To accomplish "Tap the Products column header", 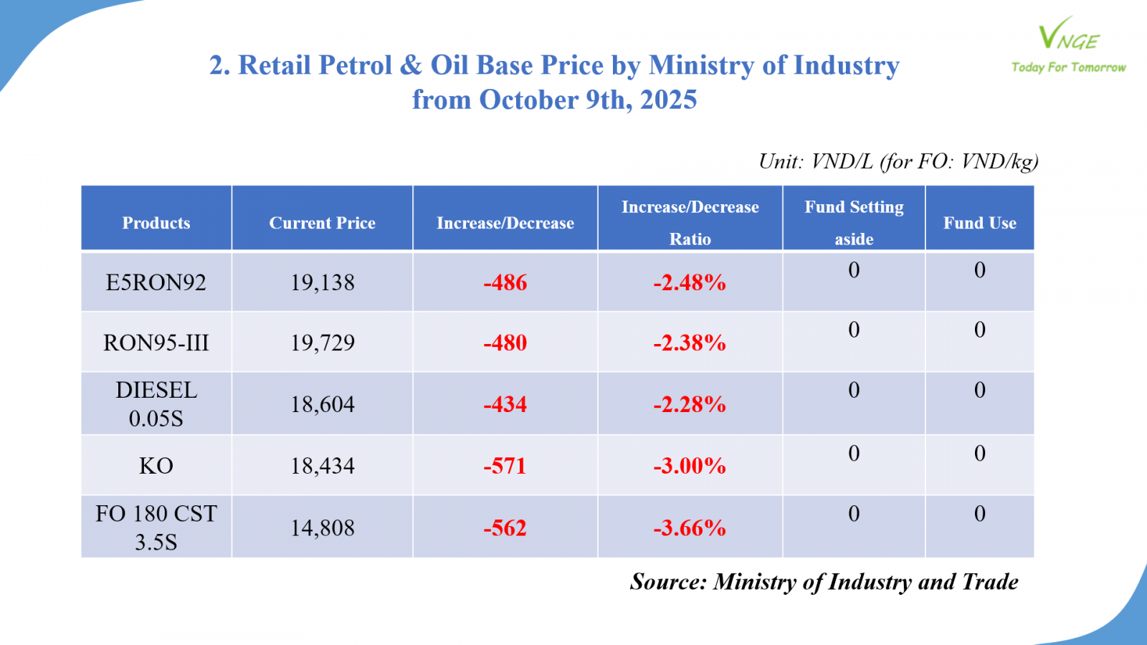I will [x=156, y=223].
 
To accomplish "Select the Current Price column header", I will [x=322, y=223].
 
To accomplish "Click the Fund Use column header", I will [x=979, y=223].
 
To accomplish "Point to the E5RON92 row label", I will [x=156, y=282].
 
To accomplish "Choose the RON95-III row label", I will [x=156, y=343].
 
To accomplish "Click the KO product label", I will [x=156, y=466].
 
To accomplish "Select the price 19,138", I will [x=323, y=282].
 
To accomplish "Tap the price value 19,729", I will [x=323, y=343].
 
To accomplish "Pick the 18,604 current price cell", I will [x=323, y=404].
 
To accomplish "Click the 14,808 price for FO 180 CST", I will [x=323, y=528].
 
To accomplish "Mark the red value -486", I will [x=505, y=282].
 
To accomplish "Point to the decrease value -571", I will [x=505, y=466].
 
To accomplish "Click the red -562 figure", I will [x=505, y=528].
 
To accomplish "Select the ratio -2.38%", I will [x=690, y=343].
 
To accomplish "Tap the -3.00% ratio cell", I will [x=690, y=466].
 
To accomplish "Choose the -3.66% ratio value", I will [x=690, y=528].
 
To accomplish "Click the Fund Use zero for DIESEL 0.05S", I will [x=980, y=390].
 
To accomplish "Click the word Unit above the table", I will [x=780, y=161].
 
